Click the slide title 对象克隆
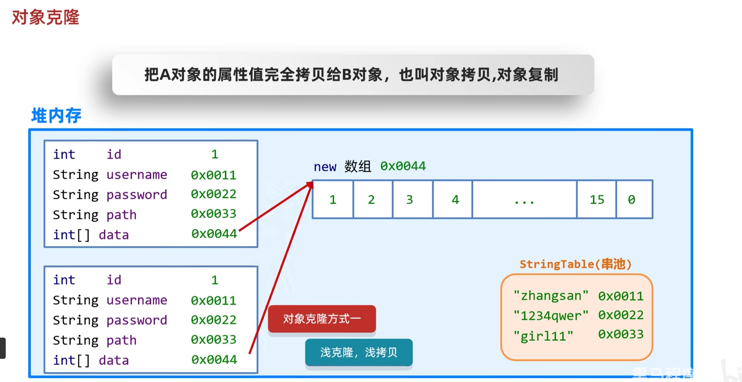point(45,17)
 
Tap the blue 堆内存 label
point(56,116)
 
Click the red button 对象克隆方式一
point(322,318)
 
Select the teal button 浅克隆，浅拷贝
point(359,352)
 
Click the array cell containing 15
point(596,200)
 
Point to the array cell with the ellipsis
point(524,200)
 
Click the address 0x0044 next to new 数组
point(403,166)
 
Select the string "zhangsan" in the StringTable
point(551,296)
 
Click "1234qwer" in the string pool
point(551,315)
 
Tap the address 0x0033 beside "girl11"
point(620,334)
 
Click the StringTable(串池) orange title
point(575,264)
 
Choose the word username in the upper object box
point(137,175)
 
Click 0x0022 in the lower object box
point(214,320)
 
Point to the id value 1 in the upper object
point(215,154)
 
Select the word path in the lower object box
point(121,340)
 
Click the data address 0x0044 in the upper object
point(214,234)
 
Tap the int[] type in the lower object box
point(71,360)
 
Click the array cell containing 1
point(333,200)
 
